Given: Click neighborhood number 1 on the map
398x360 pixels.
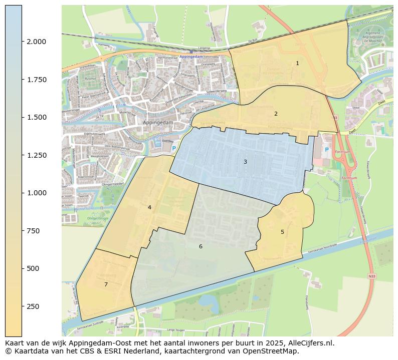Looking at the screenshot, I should pos(297,64).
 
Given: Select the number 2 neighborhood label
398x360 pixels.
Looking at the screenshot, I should pos(276,114).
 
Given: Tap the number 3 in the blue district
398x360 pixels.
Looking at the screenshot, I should pos(245,162).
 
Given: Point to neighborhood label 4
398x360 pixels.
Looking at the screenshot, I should pos(149,207).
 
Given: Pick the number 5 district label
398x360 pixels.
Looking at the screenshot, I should pos(282,232).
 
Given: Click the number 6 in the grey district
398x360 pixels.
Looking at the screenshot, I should pos(201,246).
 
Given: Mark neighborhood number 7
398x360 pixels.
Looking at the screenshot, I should pos(106,284).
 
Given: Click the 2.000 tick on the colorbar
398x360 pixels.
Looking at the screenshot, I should pos(36,42).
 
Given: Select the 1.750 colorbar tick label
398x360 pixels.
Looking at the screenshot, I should pos(36,80).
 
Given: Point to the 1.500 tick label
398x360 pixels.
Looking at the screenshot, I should pos(36,117).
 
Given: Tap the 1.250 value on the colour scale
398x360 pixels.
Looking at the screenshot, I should pos(36,155).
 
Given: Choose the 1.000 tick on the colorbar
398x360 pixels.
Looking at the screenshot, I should pos(36,193).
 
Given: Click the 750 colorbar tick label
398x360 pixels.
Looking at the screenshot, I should pos(33,231).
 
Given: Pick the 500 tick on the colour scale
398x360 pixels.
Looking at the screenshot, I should pos(33,268).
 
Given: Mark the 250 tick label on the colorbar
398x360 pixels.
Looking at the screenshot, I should pos(33,306).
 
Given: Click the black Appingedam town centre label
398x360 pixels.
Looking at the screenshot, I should pos(157,122).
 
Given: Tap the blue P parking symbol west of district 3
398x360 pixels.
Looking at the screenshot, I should pos(174,148).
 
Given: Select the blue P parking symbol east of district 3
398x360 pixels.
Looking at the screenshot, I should pos(326,150).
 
